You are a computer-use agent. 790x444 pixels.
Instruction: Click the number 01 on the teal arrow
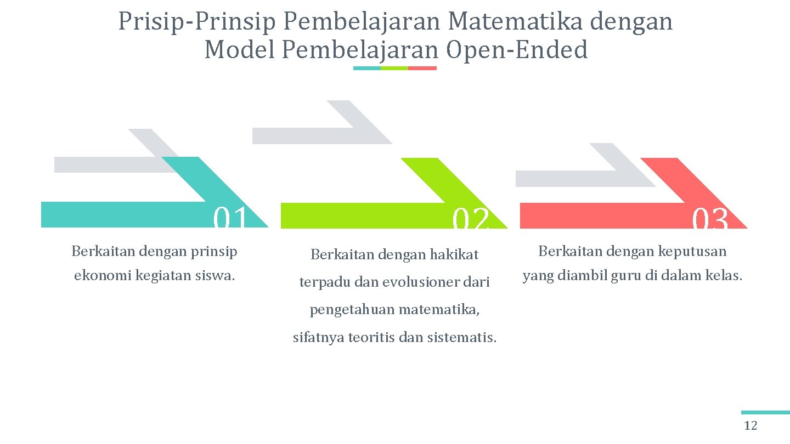coord(230,218)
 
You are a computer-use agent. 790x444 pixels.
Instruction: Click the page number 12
coord(750,426)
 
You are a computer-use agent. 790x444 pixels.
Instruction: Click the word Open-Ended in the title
coord(517,50)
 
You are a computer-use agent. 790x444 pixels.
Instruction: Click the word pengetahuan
coord(352,310)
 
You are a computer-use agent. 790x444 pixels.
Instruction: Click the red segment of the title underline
coord(422,69)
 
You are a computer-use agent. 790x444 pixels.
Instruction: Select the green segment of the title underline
coord(394,69)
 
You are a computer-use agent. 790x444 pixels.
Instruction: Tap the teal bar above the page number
coord(765,412)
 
